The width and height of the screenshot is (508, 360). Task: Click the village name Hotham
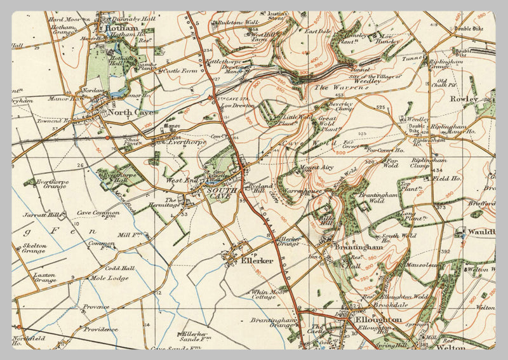tap(123, 28)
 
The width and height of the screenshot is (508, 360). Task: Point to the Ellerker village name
tap(257, 260)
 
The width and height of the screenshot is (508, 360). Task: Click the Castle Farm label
tap(180, 72)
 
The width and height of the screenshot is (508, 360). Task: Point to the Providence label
tap(100, 329)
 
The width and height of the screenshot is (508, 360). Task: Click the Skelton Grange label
tap(34, 248)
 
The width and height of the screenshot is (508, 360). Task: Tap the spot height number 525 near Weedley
tap(380, 108)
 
